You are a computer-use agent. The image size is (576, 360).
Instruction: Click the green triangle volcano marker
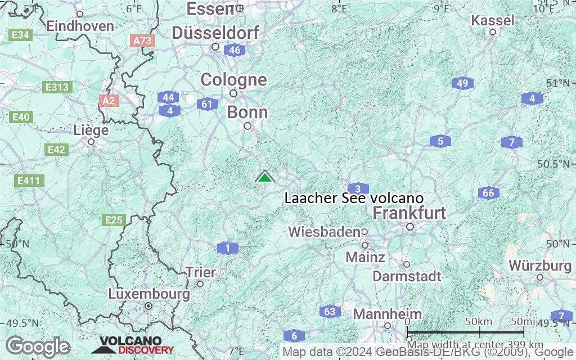(x=264, y=177)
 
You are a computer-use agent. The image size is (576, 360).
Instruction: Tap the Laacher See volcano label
(x=354, y=199)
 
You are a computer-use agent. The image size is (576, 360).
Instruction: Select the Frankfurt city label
(x=409, y=213)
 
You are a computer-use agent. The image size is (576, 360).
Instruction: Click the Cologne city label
(x=233, y=80)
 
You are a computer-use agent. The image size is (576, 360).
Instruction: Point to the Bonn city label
(x=247, y=112)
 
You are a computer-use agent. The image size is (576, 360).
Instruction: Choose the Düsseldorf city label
(x=215, y=33)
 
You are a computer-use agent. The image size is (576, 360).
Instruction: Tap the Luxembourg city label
(x=148, y=294)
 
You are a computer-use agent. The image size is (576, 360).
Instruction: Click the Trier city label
(x=201, y=273)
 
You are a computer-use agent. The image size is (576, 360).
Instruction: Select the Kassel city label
(x=493, y=21)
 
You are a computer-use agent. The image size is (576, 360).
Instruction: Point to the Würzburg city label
(x=540, y=265)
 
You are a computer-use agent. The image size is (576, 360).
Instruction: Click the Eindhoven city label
(x=80, y=26)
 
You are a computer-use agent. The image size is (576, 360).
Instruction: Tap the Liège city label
(x=91, y=130)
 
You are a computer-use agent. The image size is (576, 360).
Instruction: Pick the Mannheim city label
(x=388, y=314)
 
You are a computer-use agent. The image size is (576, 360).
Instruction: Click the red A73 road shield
(x=142, y=40)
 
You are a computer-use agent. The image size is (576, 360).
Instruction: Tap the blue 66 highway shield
(x=489, y=193)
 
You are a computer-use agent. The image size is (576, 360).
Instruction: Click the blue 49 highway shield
(x=462, y=84)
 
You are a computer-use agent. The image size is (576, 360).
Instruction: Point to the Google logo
(x=38, y=346)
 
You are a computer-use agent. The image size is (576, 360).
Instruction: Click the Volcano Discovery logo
(x=128, y=345)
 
